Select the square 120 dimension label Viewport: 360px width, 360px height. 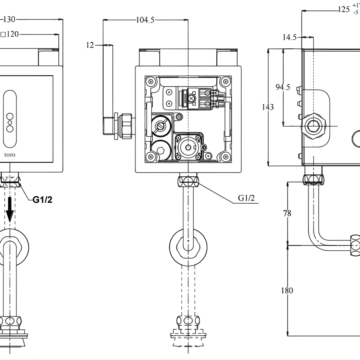[x=10, y=35]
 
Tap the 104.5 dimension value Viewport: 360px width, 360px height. [x=145, y=20]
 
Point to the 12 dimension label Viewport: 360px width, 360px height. [x=90, y=45]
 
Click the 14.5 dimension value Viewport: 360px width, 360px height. [x=289, y=37]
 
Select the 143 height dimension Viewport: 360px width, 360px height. [x=268, y=107]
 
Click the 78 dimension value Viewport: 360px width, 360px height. [x=287, y=213]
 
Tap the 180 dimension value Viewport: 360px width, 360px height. [x=287, y=290]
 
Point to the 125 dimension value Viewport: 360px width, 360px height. [x=344, y=9]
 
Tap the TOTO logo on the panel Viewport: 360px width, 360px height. [x=10, y=155]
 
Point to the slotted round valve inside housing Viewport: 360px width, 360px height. [x=162, y=126]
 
